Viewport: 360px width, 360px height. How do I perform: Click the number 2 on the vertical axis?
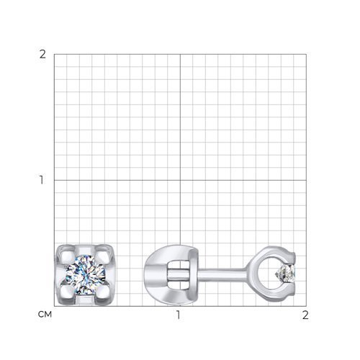pyautogui.click(x=42, y=55)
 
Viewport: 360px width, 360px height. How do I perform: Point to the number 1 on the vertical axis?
pyautogui.click(x=42, y=180)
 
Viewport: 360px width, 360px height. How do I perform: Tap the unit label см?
pyautogui.click(x=45, y=315)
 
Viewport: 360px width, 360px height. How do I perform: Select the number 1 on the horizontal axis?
pyautogui.click(x=178, y=315)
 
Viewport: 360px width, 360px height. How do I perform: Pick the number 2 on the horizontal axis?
pyautogui.click(x=305, y=315)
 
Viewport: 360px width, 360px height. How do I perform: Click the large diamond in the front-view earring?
pyautogui.click(x=86, y=274)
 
